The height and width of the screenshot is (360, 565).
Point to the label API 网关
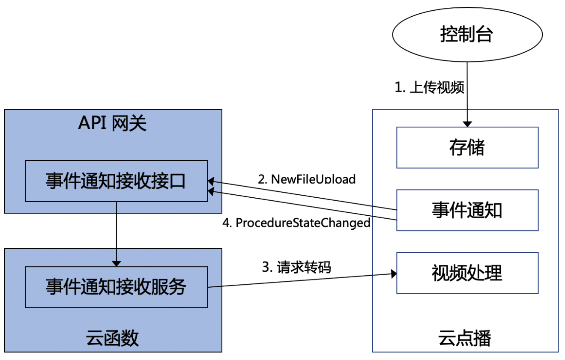(112, 123)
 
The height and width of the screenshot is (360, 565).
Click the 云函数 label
(112, 338)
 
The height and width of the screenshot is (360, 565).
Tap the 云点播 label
(465, 338)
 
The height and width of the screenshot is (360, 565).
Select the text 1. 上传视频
(430, 87)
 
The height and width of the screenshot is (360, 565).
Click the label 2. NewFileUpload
(307, 179)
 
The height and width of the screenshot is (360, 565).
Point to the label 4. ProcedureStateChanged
(296, 223)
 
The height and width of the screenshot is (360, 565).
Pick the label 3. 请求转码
(296, 267)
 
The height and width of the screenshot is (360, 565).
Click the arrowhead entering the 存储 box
(467, 124)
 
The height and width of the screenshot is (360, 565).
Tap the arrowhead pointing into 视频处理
(394, 274)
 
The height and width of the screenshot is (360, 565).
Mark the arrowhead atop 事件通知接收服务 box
(116, 264)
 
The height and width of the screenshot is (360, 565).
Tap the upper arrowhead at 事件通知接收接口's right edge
(211, 181)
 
